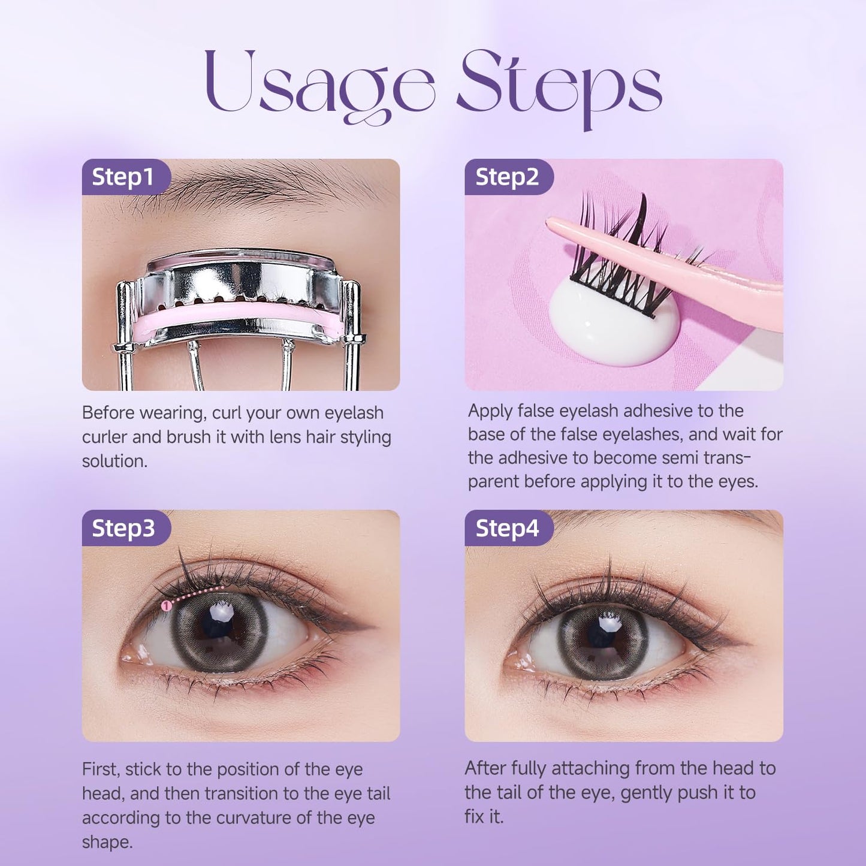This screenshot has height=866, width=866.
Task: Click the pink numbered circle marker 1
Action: pyautogui.click(x=167, y=606)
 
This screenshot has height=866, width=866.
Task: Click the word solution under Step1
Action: pyautogui.click(x=114, y=461)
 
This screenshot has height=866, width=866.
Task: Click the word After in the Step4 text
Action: pyautogui.click(x=486, y=768)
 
